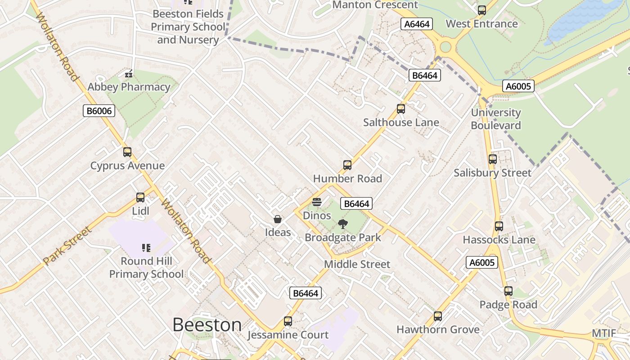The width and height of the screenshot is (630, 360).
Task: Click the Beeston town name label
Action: [207, 324]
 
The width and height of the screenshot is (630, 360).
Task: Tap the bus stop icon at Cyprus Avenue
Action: [127, 152]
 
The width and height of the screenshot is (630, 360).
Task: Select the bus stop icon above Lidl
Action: [140, 198]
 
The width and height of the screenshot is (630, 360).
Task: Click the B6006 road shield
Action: [99, 111]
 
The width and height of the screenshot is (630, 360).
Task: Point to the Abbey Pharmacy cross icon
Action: [129, 73]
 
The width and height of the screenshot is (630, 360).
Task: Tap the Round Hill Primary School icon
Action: [146, 247]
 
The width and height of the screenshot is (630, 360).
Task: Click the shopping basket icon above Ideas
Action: [278, 219]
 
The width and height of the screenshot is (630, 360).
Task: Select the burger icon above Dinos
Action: [316, 202]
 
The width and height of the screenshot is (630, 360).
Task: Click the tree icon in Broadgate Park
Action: [343, 224]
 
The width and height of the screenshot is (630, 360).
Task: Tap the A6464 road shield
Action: [417, 24]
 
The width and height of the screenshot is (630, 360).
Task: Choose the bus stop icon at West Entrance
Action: [482, 10]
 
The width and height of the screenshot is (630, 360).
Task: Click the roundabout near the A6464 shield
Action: [445, 47]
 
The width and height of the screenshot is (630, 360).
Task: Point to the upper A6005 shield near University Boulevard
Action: [518, 86]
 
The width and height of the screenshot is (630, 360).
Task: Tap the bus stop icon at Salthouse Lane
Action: [400, 108]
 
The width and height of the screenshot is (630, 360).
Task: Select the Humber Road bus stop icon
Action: [347, 165]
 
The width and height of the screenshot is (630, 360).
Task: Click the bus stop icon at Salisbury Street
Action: [493, 159]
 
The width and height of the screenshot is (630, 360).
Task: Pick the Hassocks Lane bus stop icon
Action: [499, 226]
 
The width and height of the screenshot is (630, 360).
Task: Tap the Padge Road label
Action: [508, 305]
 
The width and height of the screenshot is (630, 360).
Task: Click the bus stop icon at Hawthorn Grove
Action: [438, 316]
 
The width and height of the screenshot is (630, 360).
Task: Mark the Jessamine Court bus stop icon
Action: [288, 321]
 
